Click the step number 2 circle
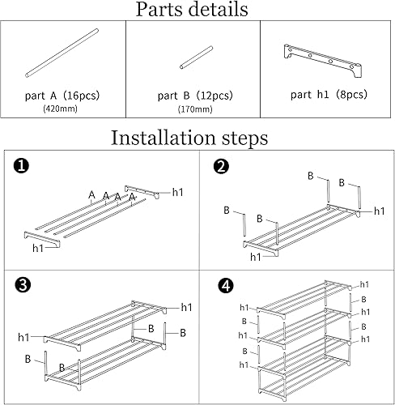pyautogui.click(x=219, y=167)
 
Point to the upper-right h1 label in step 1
pyautogui.click(x=178, y=193)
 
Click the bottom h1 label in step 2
pyautogui.click(x=256, y=256)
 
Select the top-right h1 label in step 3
pyautogui.click(x=186, y=306)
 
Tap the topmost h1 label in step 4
pyautogui.click(x=364, y=284)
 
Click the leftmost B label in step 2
pyautogui.click(x=227, y=209)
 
